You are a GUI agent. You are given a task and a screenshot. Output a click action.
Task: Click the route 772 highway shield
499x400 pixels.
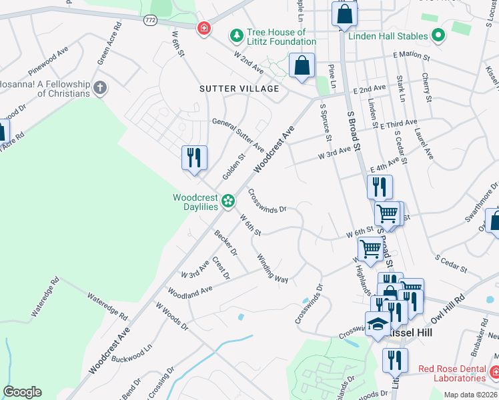[x=150, y=21]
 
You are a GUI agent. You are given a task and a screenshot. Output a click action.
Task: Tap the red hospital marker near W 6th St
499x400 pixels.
[x=203, y=29]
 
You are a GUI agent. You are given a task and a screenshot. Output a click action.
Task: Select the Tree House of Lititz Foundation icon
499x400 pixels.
[x=235, y=34]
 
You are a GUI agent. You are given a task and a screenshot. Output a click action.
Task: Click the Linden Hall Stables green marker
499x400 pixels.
[x=438, y=35]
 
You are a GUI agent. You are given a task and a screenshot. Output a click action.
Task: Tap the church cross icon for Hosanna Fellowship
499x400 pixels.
[x=100, y=87]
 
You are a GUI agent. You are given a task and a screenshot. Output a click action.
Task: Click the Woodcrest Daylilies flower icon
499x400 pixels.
[x=228, y=200]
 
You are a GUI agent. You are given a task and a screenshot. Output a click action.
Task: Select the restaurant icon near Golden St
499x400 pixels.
[x=194, y=158]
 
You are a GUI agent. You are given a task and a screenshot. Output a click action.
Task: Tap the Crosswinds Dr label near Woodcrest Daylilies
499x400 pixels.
[x=267, y=201]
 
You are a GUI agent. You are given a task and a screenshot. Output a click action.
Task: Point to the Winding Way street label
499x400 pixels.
[x=273, y=269]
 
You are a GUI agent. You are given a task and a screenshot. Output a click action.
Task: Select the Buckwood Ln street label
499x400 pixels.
[x=133, y=349]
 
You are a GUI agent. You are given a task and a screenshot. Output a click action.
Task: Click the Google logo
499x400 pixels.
[x=22, y=392]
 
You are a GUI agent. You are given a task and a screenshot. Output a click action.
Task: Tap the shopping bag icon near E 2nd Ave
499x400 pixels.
[x=302, y=66]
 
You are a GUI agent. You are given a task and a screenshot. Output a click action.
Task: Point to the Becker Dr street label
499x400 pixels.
[x=225, y=243]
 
